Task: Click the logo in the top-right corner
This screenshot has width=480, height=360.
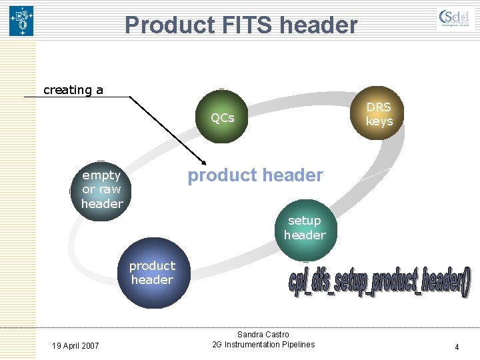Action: tap(456, 19)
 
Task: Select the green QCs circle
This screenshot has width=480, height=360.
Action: tap(222, 118)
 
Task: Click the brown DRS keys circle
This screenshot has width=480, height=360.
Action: tap(379, 114)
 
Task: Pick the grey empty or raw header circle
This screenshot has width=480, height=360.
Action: tap(101, 189)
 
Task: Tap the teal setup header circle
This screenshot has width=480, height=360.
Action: tap(304, 228)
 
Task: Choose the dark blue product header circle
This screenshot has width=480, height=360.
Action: tap(152, 273)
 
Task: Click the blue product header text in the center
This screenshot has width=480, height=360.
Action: tap(255, 175)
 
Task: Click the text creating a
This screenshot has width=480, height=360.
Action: tap(73, 90)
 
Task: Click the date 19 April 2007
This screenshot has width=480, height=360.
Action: tap(75, 345)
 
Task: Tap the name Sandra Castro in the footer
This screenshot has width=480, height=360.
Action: tap(263, 334)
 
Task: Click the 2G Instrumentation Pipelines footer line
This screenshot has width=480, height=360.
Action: tap(263, 344)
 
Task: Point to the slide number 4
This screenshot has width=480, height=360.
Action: tap(457, 347)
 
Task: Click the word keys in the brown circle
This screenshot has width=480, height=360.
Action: tap(379, 121)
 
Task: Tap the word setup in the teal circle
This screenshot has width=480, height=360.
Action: tap(304, 221)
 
